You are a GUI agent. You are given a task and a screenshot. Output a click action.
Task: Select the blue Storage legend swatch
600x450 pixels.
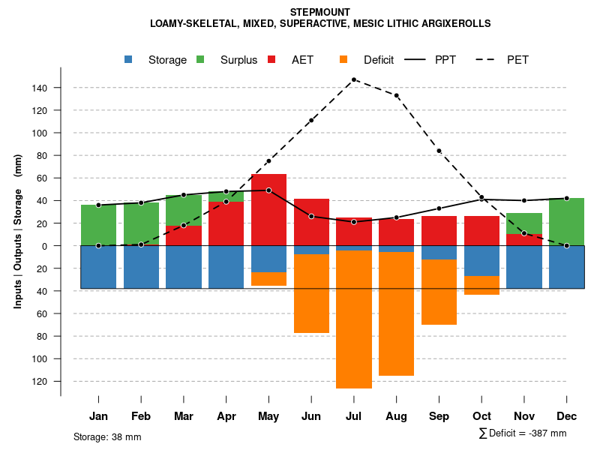coord(129,59)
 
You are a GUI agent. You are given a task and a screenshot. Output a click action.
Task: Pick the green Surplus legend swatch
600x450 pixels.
coord(201,59)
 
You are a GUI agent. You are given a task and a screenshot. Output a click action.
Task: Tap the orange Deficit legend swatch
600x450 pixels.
coord(344,59)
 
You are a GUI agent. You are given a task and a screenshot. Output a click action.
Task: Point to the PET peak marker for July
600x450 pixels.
coord(354,79)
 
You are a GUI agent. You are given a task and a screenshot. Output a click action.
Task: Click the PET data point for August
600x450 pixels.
coord(397,95)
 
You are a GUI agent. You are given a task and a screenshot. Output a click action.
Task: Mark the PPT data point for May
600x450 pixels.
coord(268,190)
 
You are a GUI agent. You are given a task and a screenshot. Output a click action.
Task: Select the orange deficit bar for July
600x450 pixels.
coord(354,319)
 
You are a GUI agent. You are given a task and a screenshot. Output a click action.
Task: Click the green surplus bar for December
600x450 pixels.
coord(567,222)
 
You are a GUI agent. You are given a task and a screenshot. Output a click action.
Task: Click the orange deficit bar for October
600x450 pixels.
coord(482,285)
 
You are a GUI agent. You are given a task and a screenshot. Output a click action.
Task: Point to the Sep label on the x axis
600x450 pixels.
coord(439,416)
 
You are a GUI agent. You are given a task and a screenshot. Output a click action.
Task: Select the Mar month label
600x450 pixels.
coord(184,416)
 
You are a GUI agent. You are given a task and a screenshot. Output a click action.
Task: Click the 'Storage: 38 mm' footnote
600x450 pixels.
coord(107,436)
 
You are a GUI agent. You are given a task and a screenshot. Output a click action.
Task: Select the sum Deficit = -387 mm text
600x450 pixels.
coord(523,433)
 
